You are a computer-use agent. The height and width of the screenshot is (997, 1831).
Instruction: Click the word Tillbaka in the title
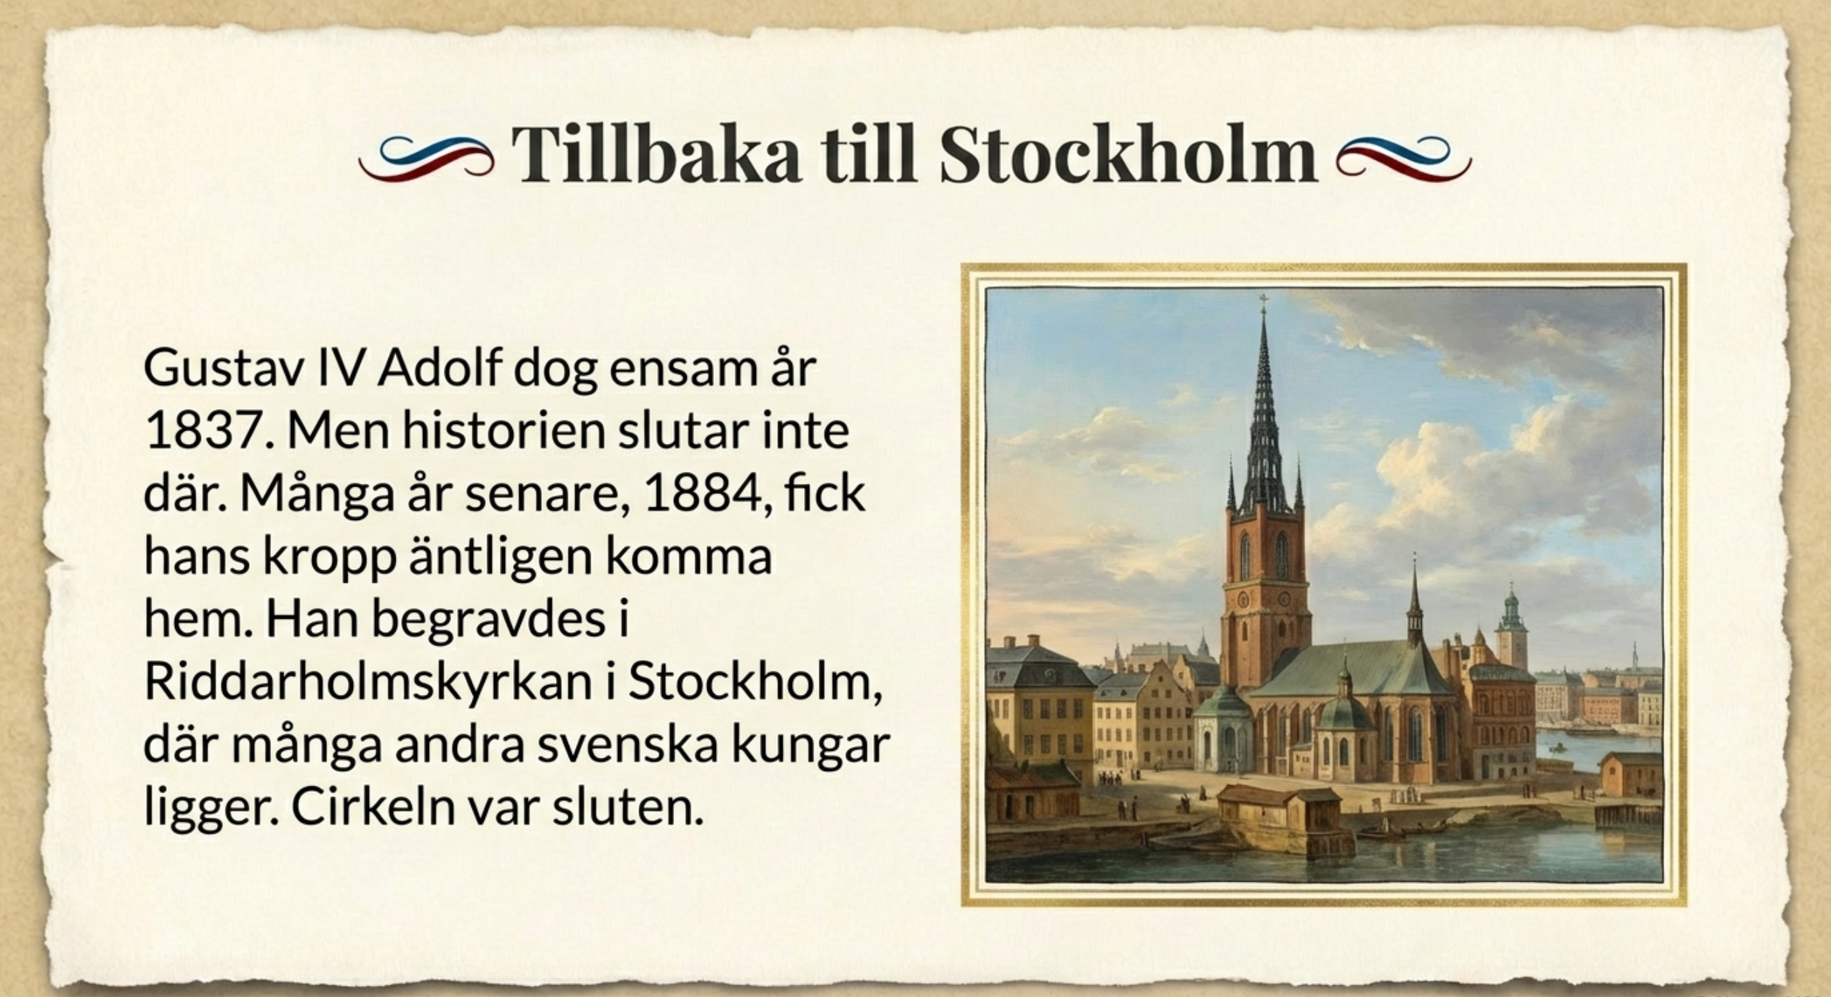tap(656, 154)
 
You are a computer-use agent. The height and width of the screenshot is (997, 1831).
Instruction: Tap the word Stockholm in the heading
tap(1128, 154)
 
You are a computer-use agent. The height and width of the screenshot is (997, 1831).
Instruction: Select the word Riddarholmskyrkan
tap(368, 684)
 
